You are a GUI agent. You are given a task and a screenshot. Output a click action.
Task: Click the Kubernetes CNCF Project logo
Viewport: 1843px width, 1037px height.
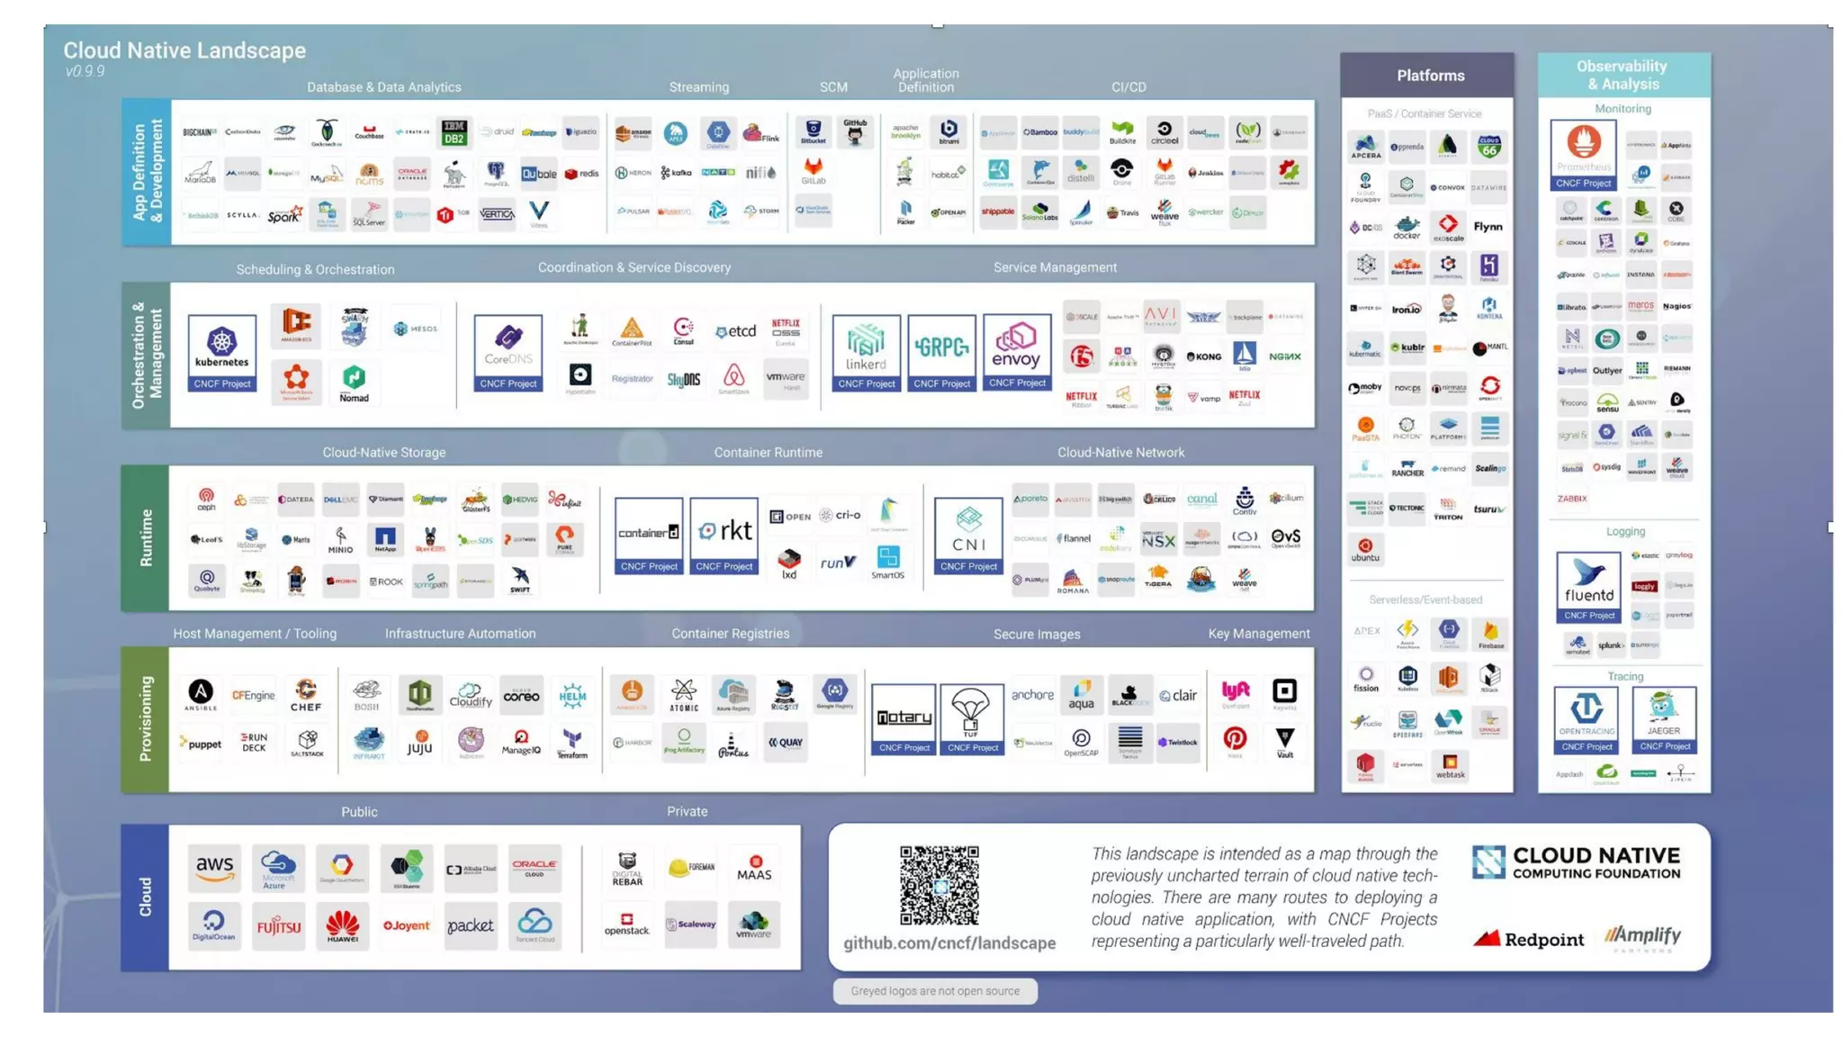click(222, 351)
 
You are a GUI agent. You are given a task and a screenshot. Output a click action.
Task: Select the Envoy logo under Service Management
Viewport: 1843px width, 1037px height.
click(1017, 350)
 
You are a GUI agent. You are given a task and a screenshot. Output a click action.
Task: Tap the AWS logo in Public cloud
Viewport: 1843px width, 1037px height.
click(215, 868)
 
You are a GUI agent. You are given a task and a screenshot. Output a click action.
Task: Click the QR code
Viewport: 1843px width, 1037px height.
click(939, 884)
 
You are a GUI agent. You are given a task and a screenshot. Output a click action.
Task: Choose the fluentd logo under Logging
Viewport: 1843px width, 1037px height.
click(1588, 586)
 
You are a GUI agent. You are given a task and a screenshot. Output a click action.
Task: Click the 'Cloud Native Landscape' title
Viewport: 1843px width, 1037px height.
click(184, 50)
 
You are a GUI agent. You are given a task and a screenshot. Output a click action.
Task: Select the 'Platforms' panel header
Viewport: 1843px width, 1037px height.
click(1430, 76)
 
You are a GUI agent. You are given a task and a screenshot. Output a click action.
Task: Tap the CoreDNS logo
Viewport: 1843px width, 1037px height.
click(508, 351)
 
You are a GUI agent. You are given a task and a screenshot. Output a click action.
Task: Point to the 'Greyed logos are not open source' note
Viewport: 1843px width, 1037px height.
click(935, 991)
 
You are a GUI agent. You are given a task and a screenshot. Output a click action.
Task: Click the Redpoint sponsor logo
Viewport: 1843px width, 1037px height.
click(1528, 939)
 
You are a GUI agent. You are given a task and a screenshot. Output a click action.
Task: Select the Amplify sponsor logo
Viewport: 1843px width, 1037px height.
click(1642, 937)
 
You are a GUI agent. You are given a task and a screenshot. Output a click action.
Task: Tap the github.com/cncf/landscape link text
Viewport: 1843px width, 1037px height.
click(949, 942)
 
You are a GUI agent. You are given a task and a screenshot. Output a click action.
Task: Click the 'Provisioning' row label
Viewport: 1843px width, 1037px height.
click(146, 719)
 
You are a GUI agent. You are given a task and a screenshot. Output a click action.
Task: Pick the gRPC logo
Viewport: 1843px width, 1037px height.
click(941, 350)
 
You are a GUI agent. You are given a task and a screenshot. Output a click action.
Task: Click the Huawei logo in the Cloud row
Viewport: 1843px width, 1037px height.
click(342, 925)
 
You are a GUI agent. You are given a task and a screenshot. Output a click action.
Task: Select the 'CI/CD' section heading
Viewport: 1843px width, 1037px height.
click(1128, 87)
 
